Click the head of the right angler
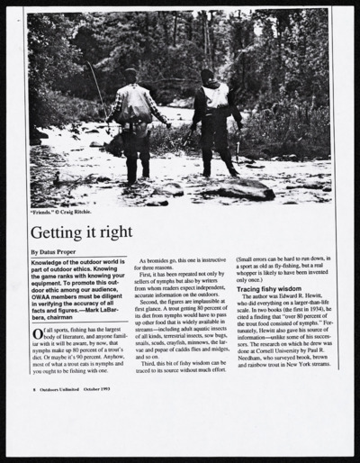(209, 77)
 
